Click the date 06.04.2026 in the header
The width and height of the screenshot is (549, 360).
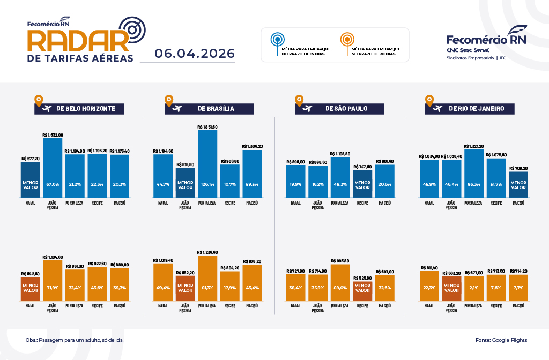tap(195, 54)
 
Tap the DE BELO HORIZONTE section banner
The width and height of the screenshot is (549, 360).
tap(79, 108)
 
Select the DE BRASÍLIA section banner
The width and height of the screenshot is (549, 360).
tap(209, 108)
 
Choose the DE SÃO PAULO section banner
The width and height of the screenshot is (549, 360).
tap(339, 108)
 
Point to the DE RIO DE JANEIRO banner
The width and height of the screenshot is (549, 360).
tap(470, 108)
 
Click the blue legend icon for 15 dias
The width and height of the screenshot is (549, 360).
tap(277, 40)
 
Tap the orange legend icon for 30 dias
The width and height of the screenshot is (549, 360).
tap(347, 40)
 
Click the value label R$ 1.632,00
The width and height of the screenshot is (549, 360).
tap(53, 135)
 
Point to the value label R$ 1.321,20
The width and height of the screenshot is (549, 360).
tap(473, 146)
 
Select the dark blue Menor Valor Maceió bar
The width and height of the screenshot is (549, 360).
tap(518, 184)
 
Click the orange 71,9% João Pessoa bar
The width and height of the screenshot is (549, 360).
tap(53, 281)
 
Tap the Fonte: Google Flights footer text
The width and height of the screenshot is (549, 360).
tap(501, 340)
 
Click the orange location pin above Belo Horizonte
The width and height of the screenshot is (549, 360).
tap(38, 100)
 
